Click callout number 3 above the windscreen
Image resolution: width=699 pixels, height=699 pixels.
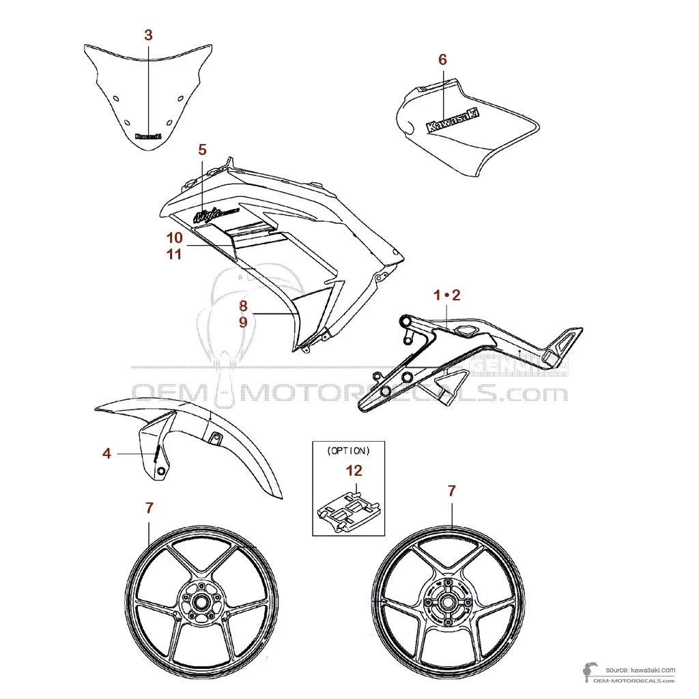149,35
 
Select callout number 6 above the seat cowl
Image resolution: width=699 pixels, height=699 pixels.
442,60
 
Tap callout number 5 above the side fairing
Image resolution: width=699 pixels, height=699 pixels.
202,149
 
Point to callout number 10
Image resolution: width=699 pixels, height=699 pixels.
174,238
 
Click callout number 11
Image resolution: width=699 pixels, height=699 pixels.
174,254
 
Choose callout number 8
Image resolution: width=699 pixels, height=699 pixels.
243,306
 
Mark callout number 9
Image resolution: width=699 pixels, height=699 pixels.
243,322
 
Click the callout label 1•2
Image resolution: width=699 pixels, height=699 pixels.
447,296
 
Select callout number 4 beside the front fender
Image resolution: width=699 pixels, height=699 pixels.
107,453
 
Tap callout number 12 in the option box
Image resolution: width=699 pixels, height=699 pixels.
354,470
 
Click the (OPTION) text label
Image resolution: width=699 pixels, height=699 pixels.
348,451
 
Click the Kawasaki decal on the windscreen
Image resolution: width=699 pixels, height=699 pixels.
148,136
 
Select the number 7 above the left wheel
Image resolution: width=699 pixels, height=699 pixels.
149,507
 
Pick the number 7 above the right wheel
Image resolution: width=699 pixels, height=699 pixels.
451,490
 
